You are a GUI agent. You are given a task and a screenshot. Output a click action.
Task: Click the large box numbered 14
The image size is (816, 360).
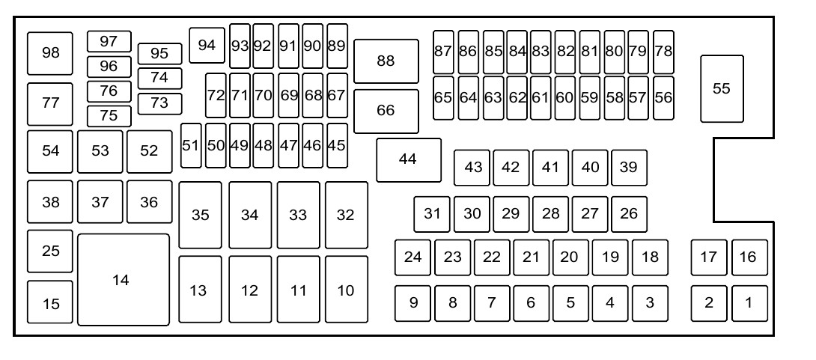pyautogui.click(x=124, y=280)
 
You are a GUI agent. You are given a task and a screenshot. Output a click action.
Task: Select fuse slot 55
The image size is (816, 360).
pyautogui.click(x=722, y=89)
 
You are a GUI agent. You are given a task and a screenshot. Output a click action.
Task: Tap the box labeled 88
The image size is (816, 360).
pyautogui.click(x=386, y=61)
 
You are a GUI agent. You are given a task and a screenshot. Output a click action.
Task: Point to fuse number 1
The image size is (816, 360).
pyautogui.click(x=749, y=303)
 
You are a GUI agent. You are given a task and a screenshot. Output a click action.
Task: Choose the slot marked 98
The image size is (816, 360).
pyautogui.click(x=50, y=53)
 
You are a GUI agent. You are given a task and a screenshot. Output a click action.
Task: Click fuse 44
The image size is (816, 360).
pyautogui.click(x=409, y=159)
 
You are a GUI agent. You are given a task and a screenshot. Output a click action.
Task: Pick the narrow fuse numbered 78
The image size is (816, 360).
pyautogui.click(x=663, y=52)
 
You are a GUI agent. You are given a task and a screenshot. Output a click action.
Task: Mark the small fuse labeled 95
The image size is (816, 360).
pyautogui.click(x=159, y=54)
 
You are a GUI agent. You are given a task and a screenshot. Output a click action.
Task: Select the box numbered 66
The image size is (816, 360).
pyautogui.click(x=386, y=111)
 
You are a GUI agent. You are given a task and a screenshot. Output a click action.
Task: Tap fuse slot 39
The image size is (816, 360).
pyautogui.click(x=629, y=168)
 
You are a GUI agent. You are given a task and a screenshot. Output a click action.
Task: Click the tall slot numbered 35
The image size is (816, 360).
pyautogui.click(x=201, y=215)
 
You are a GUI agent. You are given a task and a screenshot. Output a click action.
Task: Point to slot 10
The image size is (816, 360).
pyautogui.click(x=347, y=289)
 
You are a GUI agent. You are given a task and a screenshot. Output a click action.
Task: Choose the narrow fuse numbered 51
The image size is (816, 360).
pyautogui.click(x=191, y=146)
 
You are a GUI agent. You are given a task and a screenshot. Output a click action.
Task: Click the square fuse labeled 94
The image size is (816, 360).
pyautogui.click(x=207, y=45)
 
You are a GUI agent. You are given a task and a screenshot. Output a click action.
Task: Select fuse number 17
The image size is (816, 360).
pyautogui.click(x=709, y=257)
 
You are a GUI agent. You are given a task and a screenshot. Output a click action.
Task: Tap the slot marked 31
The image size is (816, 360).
pyautogui.click(x=432, y=214)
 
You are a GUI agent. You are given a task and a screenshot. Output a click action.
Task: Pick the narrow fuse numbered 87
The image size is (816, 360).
pyautogui.click(x=443, y=52)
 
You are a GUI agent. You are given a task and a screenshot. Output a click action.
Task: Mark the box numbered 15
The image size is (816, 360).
pyautogui.click(x=50, y=302)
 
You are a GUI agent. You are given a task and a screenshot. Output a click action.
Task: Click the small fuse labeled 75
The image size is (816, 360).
pyautogui.click(x=109, y=116)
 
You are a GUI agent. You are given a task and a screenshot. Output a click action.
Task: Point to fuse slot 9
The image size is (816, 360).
pyautogui.click(x=412, y=303)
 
